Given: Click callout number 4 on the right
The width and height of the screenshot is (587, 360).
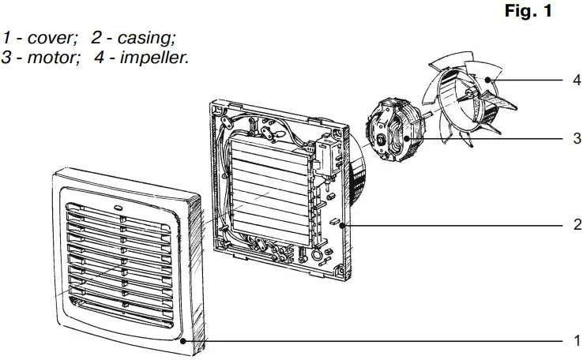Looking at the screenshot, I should coord(578,80).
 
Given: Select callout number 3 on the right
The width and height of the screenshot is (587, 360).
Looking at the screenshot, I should coord(578,138).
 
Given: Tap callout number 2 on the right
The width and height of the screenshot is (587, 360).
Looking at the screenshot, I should coord(578,224).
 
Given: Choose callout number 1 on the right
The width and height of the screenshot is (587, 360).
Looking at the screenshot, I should coord(578,341).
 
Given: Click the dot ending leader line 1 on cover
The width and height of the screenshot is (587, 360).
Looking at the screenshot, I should coord(183,341).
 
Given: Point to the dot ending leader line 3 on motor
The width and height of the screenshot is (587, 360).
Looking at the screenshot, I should coord(407,138).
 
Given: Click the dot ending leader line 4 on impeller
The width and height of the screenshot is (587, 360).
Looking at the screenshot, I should coord(490,80).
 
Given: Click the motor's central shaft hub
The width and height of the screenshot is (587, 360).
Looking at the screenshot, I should coord(385,140).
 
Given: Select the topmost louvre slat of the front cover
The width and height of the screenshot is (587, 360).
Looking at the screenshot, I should coord(119,215).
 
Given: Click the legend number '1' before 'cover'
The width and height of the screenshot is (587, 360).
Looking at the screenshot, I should coord(7,37).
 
